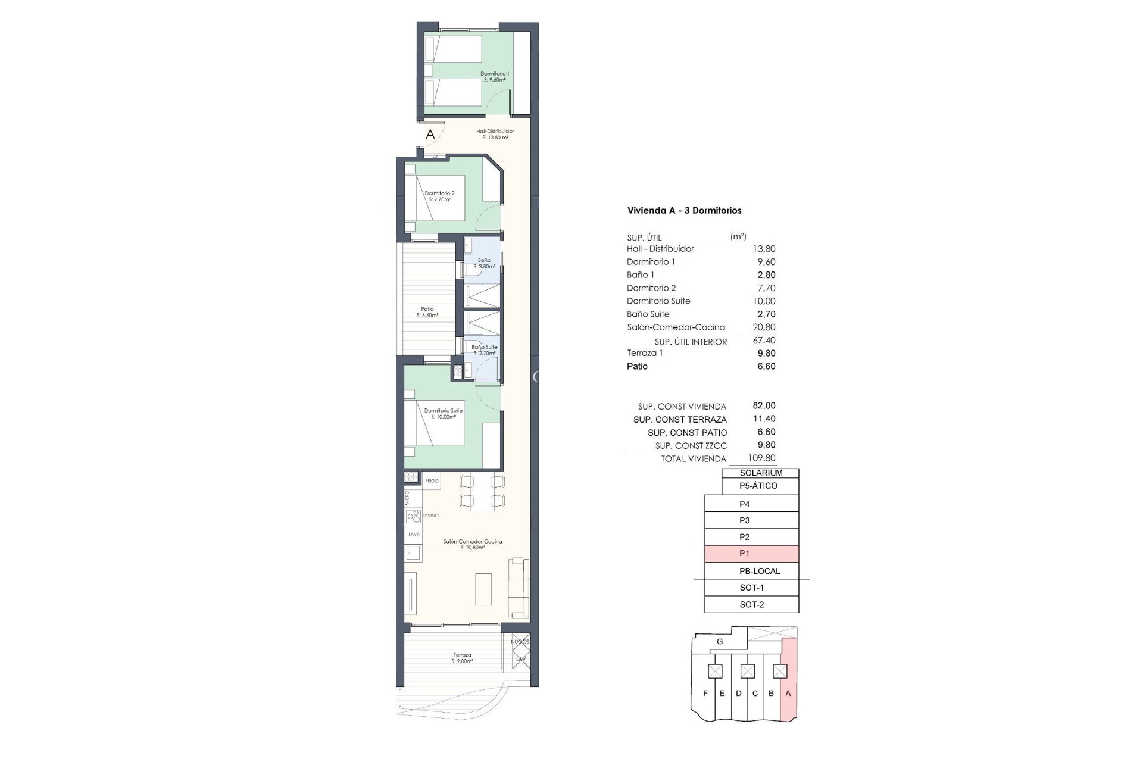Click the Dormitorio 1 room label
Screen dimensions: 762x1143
pyautogui.click(x=495, y=76)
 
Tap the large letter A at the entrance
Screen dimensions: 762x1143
pyautogui.click(x=430, y=135)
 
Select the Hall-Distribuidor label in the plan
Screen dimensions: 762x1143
pyautogui.click(x=495, y=134)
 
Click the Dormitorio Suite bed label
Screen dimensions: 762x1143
pyautogui.click(x=443, y=413)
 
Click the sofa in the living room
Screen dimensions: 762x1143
pyautogui.click(x=519, y=588)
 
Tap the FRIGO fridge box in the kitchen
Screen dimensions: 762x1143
pyautogui.click(x=432, y=480)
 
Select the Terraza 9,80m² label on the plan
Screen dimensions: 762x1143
pyautogui.click(x=461, y=658)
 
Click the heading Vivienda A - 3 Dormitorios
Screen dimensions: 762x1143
pyautogui.click(x=684, y=210)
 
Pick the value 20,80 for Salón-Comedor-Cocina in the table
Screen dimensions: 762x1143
pyautogui.click(x=764, y=327)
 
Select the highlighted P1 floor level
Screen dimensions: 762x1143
pyautogui.click(x=751, y=554)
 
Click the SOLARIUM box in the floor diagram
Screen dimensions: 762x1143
pyautogui.click(x=760, y=473)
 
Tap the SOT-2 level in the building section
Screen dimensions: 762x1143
pyautogui.click(x=751, y=604)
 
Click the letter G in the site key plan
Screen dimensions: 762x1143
pyautogui.click(x=720, y=642)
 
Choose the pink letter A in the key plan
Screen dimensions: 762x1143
pyautogui.click(x=788, y=693)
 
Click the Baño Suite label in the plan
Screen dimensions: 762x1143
pyautogui.click(x=484, y=350)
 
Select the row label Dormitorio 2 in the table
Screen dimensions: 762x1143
pyautogui.click(x=651, y=288)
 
